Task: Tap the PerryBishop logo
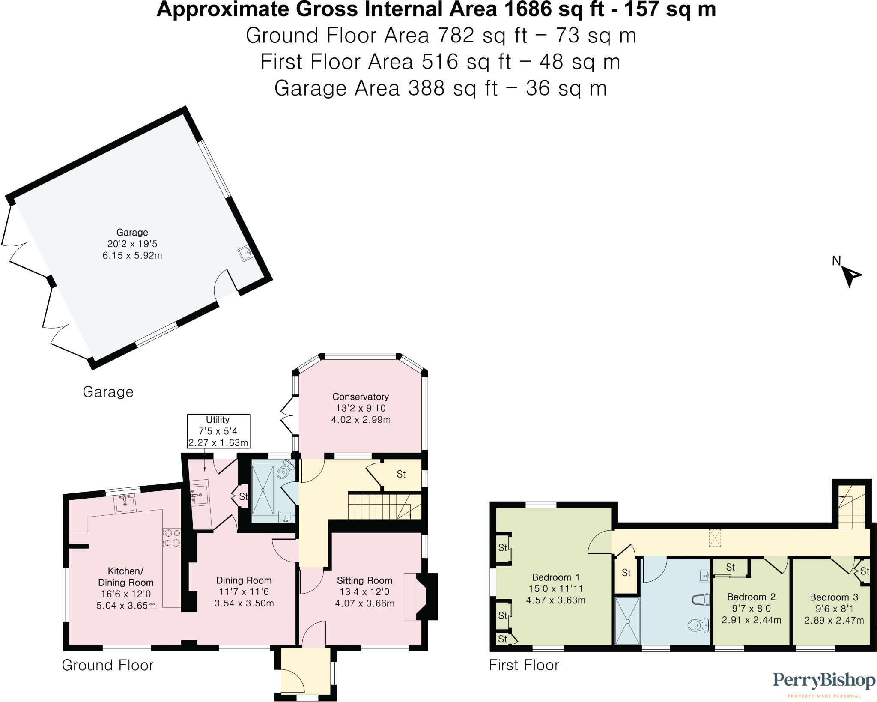pyautogui.click(x=823, y=681)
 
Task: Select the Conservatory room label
pyautogui.click(x=361, y=397)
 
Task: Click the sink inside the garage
pyautogui.click(x=247, y=254)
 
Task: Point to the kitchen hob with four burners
pyautogui.click(x=172, y=538)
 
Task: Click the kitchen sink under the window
pyautogui.click(x=125, y=503)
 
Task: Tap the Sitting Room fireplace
pyautogui.click(x=426, y=597)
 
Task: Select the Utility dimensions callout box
pyautogui.click(x=218, y=431)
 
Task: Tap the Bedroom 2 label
pyautogui.click(x=751, y=597)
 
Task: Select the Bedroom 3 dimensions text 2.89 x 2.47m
pyautogui.click(x=834, y=620)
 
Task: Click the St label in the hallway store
pyautogui.click(x=401, y=474)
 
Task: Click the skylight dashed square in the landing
pyautogui.click(x=715, y=538)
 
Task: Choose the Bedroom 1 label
pyautogui.click(x=555, y=577)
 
